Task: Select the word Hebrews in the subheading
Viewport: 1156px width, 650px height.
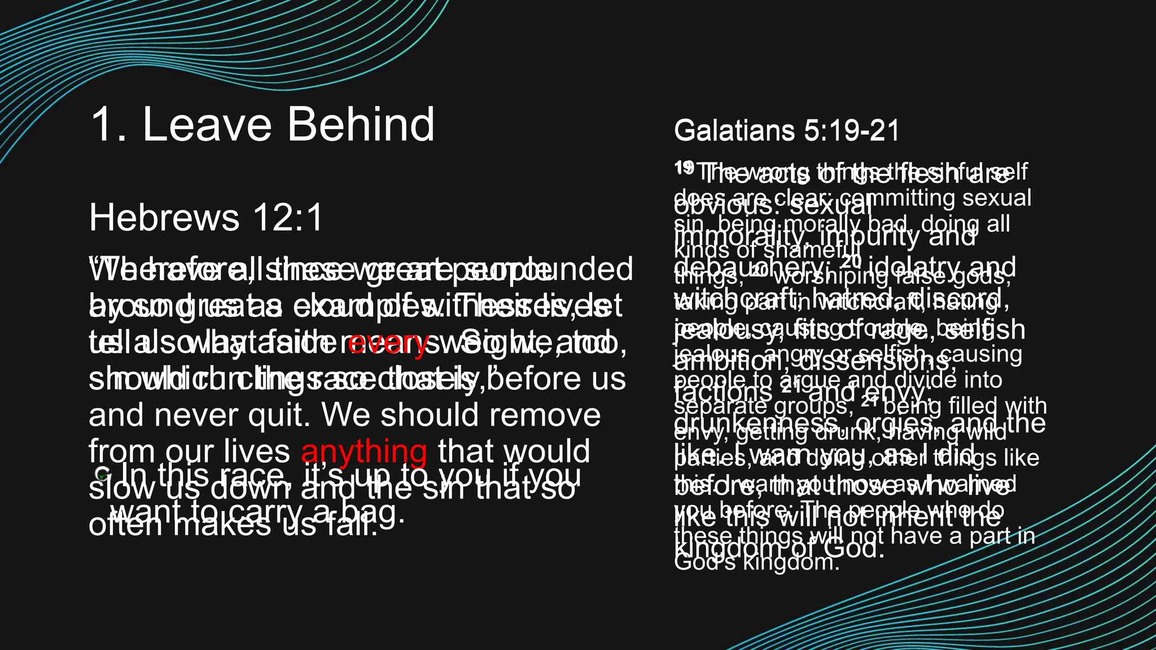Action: pyautogui.click(x=164, y=218)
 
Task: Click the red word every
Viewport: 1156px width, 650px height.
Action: pyautogui.click(x=388, y=342)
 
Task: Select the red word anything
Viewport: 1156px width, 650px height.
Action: pyautogui.click(x=364, y=451)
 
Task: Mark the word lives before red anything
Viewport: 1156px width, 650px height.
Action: pyautogui.click(x=256, y=451)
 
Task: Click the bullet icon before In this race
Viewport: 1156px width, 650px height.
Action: pyautogui.click(x=102, y=474)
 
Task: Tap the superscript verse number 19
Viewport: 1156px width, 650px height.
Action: pyautogui.click(x=684, y=167)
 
